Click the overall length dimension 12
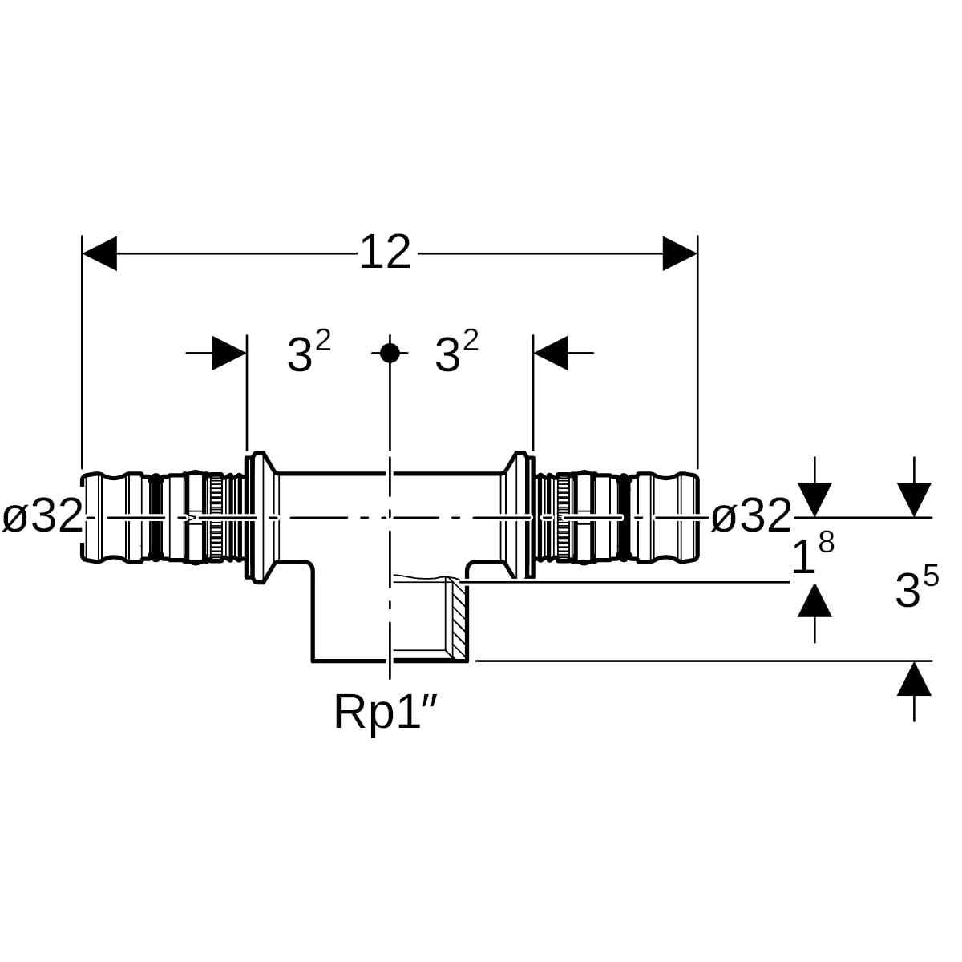click(385, 253)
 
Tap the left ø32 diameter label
click(42, 516)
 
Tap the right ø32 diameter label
click(750, 516)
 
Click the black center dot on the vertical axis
click(390, 353)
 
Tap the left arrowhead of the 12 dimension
click(99, 253)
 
